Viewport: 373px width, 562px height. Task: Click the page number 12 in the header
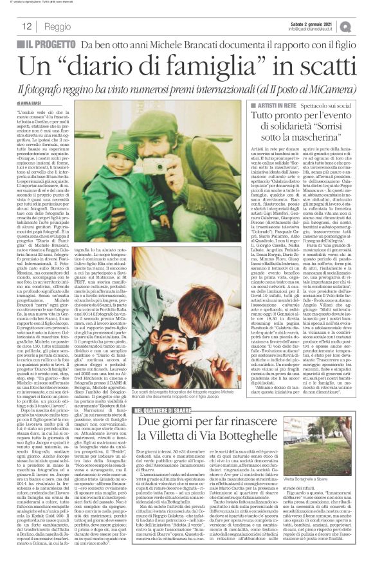point(28,26)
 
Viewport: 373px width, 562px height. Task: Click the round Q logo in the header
point(364,26)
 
